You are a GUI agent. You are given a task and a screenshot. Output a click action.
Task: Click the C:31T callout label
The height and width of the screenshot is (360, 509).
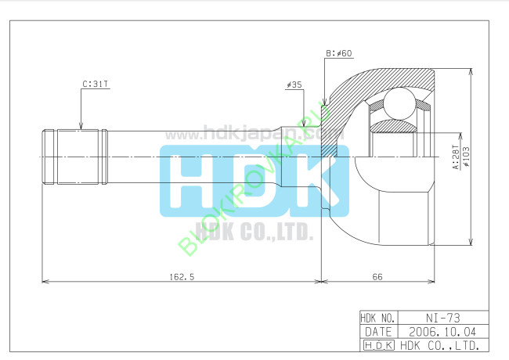pos(95,82)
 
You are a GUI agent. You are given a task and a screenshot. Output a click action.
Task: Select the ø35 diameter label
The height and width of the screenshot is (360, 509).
pos(294,83)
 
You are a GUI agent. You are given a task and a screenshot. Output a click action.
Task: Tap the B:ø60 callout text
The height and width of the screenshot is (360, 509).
pos(338,53)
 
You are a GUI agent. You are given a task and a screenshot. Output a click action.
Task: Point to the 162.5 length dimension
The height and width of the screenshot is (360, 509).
pos(182,275)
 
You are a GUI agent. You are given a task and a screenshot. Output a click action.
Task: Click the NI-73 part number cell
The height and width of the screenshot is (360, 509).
pos(443,319)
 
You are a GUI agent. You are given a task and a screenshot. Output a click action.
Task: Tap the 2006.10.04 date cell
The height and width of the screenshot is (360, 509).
pos(443,331)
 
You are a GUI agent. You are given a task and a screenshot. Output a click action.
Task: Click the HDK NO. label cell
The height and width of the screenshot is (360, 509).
pos(378,319)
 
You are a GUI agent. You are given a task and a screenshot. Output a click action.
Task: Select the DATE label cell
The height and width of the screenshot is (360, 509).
pos(378,331)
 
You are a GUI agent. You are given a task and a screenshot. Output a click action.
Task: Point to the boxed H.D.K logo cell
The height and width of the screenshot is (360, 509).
pos(378,344)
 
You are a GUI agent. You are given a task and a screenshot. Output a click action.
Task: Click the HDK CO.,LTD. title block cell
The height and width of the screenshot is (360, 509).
pos(443,344)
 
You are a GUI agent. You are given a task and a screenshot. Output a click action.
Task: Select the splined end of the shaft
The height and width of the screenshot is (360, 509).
pos(74,157)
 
